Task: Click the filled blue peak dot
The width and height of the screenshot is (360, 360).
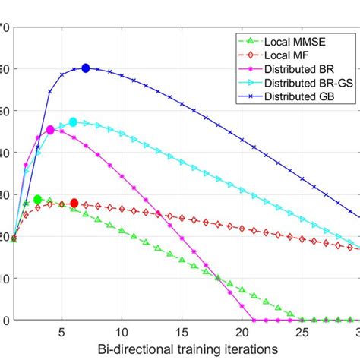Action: tap(86, 68)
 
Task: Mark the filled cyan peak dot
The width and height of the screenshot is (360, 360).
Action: tap(74, 122)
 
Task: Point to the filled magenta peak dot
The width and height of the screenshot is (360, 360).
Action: tap(50, 130)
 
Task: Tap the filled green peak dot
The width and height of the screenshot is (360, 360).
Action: tap(38, 200)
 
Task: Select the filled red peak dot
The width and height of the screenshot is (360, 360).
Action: tap(74, 203)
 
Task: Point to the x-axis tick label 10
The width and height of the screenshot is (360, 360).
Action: tap(122, 332)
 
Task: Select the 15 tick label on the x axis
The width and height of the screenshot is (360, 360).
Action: tap(182, 332)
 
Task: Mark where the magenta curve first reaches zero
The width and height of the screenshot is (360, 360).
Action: tap(253, 319)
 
